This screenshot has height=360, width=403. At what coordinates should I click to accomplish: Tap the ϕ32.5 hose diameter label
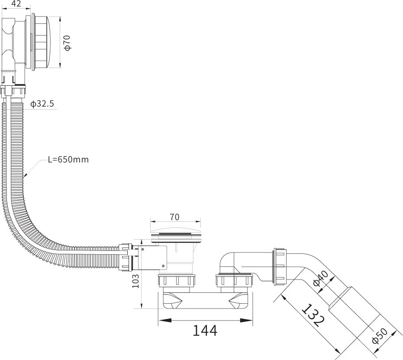(x=42, y=104)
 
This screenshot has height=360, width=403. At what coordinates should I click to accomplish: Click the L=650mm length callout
(x=68, y=159)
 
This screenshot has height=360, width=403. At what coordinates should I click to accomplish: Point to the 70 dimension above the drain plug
(x=175, y=217)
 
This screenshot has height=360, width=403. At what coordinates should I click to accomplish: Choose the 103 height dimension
(x=135, y=282)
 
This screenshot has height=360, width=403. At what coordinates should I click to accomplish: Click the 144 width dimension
(x=204, y=331)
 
